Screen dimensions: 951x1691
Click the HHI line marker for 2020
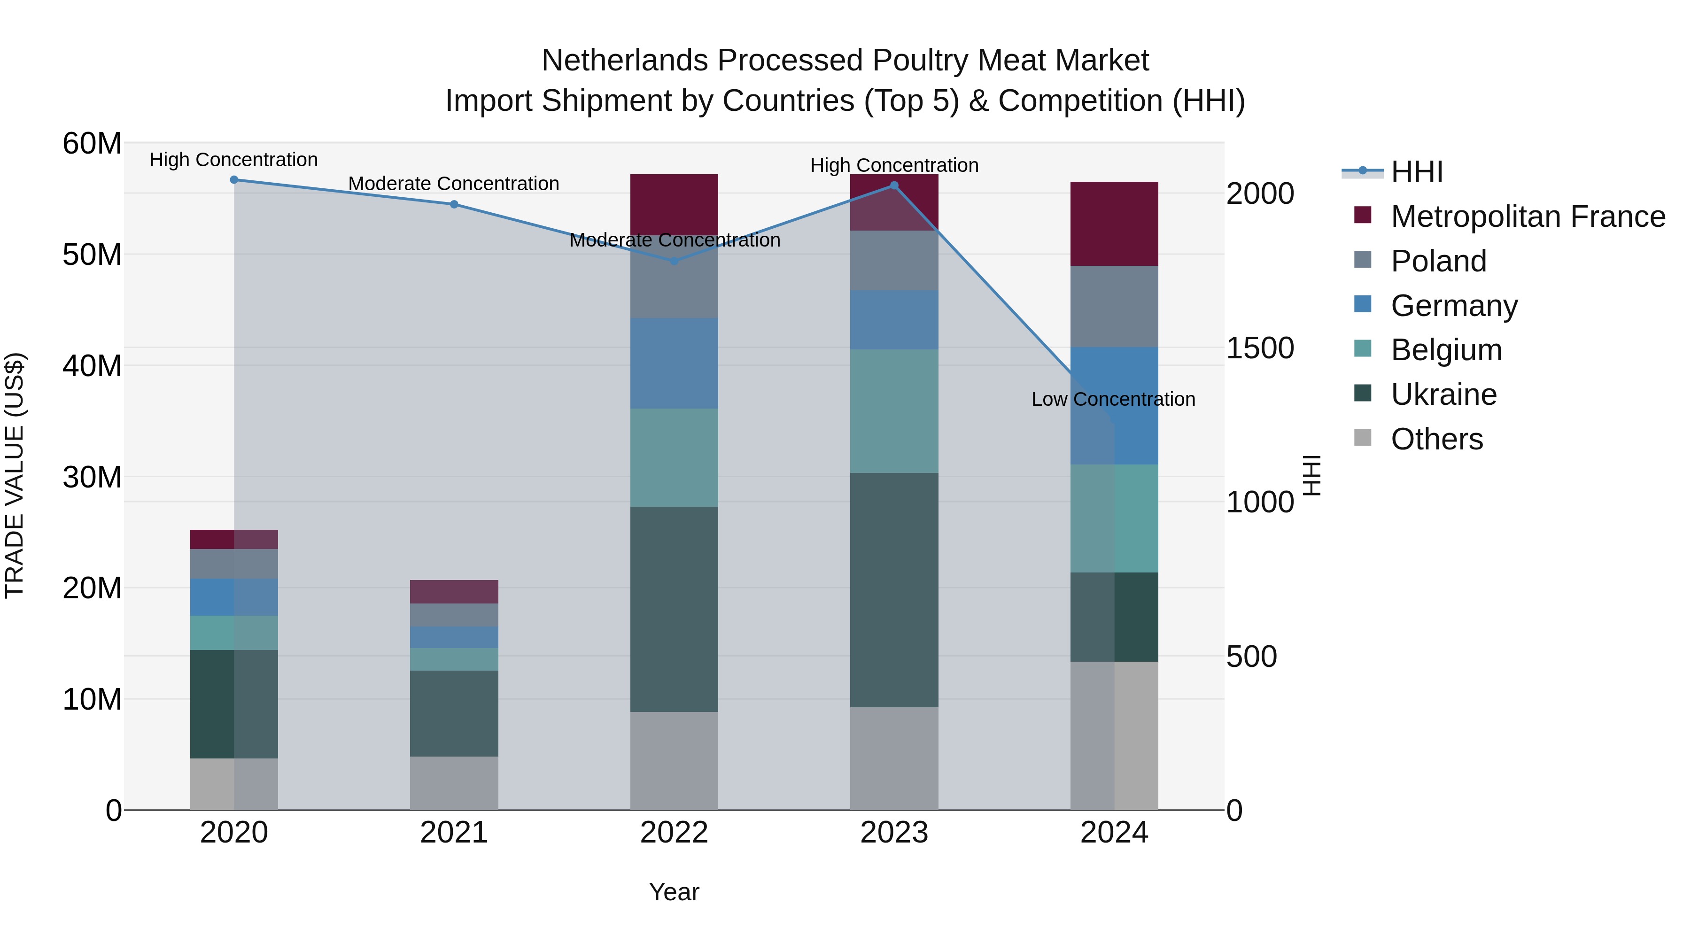[x=234, y=180]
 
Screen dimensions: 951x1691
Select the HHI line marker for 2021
[x=454, y=204]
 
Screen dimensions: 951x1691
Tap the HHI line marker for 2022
[x=674, y=261]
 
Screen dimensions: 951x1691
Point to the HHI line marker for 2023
[x=894, y=186]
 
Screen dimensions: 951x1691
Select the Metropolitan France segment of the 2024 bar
[x=1114, y=224]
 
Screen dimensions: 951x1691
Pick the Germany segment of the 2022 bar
[x=674, y=363]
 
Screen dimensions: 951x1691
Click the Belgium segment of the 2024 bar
[x=1114, y=518]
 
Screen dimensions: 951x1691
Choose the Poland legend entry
[x=1438, y=261]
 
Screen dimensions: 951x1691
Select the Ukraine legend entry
[x=1443, y=394]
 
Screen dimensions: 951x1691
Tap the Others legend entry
[x=1436, y=439]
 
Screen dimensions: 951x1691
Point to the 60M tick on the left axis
[x=92, y=144]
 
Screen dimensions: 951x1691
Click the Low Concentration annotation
[x=1113, y=399]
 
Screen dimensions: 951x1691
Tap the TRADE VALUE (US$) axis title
[x=15, y=475]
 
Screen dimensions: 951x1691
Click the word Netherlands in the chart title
[x=624, y=61]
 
